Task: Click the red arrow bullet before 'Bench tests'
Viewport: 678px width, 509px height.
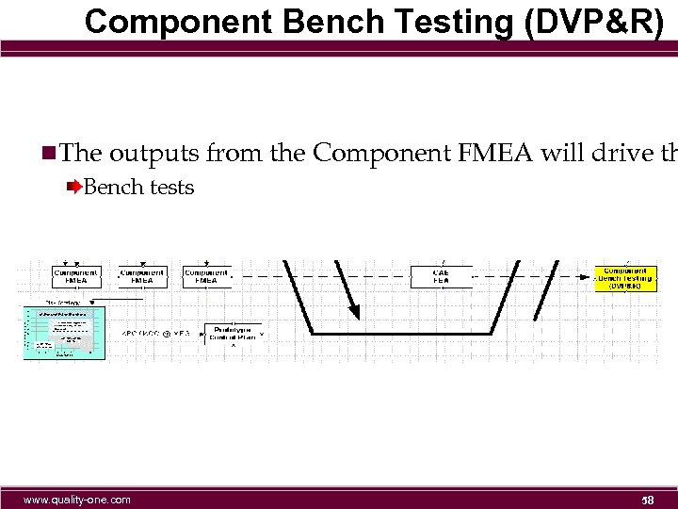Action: pos(75,187)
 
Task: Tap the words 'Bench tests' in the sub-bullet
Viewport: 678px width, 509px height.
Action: pos(139,187)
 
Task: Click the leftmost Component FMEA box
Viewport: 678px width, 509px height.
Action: pos(76,276)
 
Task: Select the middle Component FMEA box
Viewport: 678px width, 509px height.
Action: pos(142,276)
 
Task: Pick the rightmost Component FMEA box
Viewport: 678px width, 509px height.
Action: pos(206,276)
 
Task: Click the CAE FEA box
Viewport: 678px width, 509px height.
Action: pos(441,276)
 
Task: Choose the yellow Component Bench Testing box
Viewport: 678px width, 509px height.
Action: pos(625,278)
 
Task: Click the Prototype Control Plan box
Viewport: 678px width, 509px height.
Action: pos(231,333)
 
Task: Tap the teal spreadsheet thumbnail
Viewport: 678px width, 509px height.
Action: pos(64,333)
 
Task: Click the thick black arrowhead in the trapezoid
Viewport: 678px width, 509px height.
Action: pos(354,309)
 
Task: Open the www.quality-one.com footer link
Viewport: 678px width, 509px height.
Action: pos(77,500)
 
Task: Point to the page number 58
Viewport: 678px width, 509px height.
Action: pos(647,500)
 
